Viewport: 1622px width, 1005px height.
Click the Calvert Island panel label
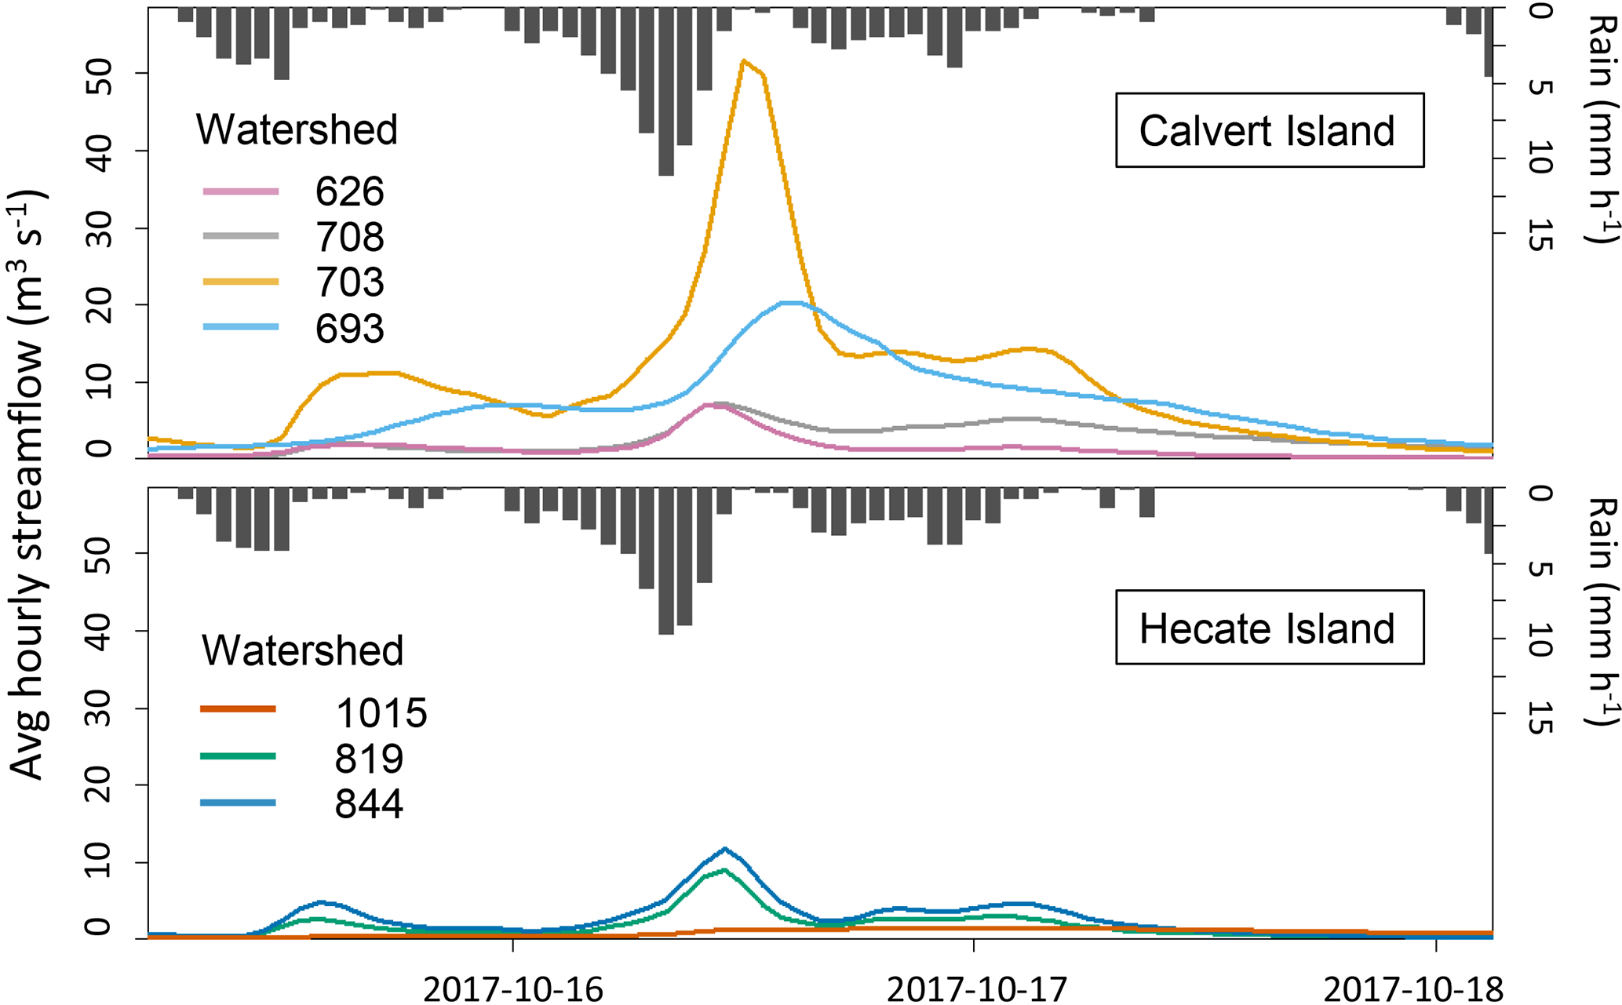(x=1269, y=130)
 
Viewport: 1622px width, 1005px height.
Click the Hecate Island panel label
(x=1269, y=628)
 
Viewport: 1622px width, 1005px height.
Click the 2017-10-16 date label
(x=512, y=989)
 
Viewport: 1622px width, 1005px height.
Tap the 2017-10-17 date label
(x=976, y=989)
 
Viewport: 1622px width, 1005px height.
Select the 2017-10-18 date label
(x=1413, y=989)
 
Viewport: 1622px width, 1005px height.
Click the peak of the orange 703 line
(x=743, y=60)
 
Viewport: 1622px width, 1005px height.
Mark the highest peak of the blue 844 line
(x=724, y=848)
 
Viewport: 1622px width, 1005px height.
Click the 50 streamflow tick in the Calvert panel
(x=100, y=73)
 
